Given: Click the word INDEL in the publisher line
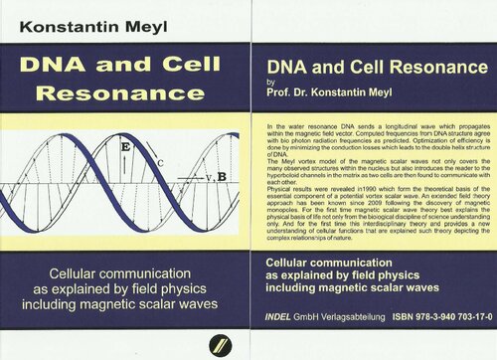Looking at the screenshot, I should tap(285, 319).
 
